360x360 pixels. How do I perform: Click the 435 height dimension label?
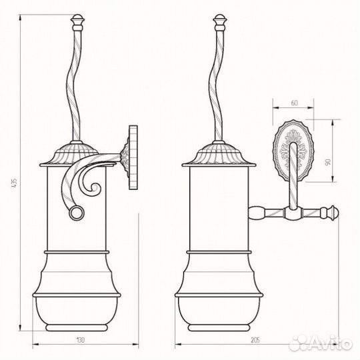coord(14,183)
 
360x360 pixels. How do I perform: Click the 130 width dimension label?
coord(80,339)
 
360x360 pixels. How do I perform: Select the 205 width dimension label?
coord(255,339)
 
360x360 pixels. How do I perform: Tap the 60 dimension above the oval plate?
coord(294,103)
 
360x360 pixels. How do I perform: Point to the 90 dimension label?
coord(327,162)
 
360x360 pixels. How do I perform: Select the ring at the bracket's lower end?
coord(77,213)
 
